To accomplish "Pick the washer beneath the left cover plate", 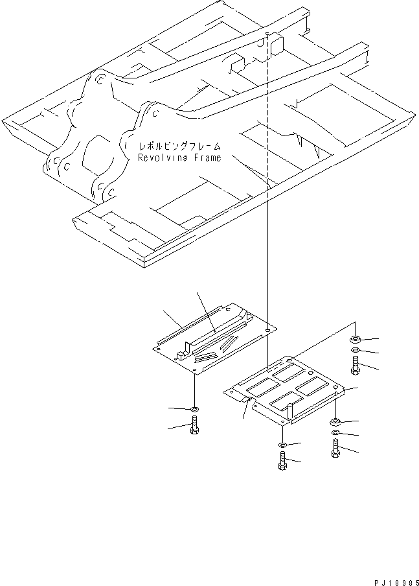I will pyautogui.click(x=195, y=410).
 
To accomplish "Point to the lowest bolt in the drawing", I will pyautogui.click(x=282, y=462).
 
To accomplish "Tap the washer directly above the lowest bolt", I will pyautogui.click(x=282, y=445).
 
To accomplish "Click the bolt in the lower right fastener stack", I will pyautogui.click(x=335, y=447).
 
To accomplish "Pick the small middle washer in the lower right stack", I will pyautogui.click(x=335, y=432).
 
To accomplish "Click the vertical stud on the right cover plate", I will pyautogui.click(x=292, y=407).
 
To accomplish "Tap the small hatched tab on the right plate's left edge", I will pyautogui.click(x=246, y=401).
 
